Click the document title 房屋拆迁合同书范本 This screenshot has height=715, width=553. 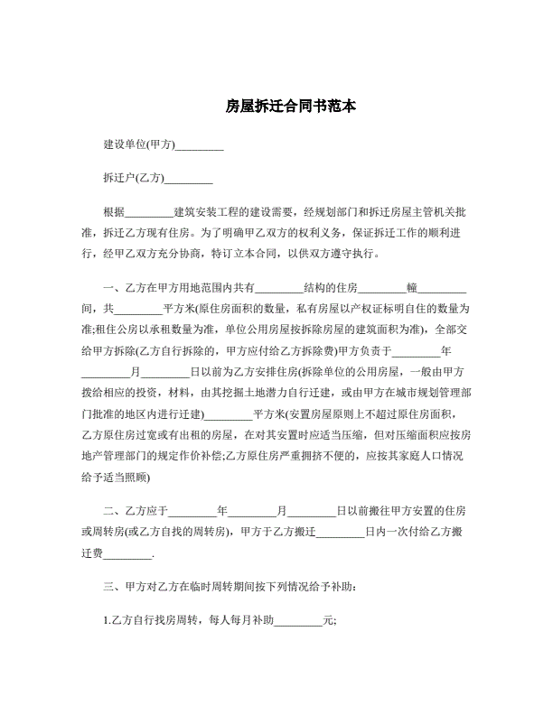(276, 106)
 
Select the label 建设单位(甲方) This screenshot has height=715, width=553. (139, 145)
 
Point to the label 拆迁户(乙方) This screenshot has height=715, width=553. (134, 179)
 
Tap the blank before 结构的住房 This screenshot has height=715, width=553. (280, 290)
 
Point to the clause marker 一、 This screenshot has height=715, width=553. (114, 290)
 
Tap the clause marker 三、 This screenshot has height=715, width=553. (114, 589)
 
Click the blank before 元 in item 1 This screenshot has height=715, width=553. (297, 621)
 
